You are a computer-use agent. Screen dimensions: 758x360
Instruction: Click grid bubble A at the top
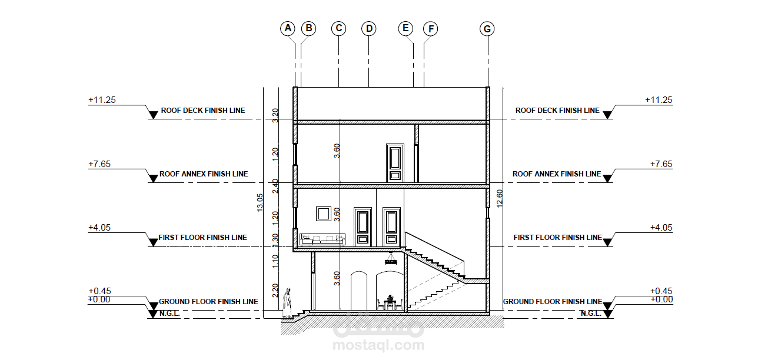288,28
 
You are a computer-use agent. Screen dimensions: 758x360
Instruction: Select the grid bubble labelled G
487,29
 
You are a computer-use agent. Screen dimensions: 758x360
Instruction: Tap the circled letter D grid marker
369,28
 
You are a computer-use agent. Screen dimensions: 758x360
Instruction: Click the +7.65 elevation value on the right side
661,164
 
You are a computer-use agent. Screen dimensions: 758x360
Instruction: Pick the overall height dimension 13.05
260,203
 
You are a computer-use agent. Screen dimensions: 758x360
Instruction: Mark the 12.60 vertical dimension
500,199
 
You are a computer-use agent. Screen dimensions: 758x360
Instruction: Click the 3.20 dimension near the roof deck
275,115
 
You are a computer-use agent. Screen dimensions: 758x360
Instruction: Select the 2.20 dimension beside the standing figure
275,291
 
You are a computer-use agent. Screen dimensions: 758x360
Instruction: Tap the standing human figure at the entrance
287,303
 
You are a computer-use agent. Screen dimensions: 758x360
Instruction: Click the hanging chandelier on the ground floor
391,259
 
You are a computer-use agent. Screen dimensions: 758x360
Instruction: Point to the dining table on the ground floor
390,303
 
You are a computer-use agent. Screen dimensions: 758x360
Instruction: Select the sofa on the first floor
323,239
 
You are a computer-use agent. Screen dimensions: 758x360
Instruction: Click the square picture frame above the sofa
324,214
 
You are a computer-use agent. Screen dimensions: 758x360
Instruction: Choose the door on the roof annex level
395,163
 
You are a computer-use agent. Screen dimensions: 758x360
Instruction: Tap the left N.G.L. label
169,314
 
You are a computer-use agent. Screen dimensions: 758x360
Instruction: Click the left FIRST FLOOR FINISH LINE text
202,238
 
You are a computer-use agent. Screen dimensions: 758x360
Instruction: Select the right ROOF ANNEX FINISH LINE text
557,174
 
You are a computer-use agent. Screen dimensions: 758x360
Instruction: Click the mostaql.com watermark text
378,345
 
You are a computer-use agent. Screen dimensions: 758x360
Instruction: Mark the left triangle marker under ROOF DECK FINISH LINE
153,115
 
